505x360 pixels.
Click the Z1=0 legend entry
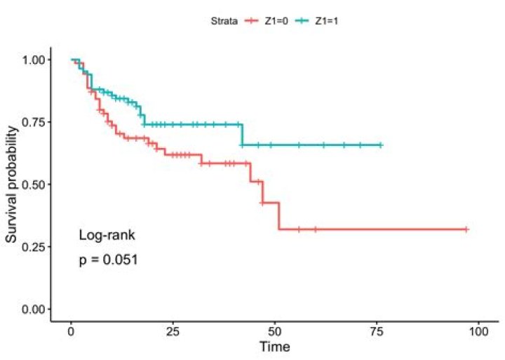point(267,21)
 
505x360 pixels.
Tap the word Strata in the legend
point(224,21)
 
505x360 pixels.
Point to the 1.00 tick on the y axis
point(33,60)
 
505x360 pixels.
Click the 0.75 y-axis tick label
point(33,122)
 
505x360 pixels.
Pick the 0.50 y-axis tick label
point(33,185)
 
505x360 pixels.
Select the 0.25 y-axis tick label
point(33,246)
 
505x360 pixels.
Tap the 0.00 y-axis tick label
point(33,309)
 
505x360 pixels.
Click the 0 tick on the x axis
point(71,332)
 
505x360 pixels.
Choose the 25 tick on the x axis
point(173,332)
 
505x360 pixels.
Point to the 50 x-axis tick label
point(275,332)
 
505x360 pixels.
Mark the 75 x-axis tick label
point(377,332)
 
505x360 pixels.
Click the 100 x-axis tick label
point(478,332)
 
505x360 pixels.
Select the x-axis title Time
point(275,347)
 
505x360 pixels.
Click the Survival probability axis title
point(12,185)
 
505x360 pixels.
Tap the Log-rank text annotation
point(107,236)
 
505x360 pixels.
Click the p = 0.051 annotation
point(108,260)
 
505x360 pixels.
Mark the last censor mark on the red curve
point(466,229)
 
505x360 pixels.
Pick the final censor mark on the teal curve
point(381,145)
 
